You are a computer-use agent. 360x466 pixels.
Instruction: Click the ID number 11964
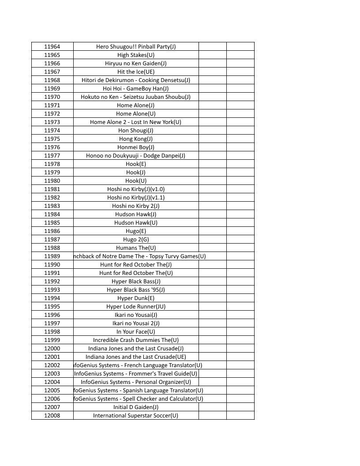point(52,47)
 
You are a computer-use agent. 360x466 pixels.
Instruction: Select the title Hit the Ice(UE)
point(136,72)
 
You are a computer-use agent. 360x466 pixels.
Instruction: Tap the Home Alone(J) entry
point(136,105)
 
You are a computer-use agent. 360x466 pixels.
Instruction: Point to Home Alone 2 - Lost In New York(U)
point(136,122)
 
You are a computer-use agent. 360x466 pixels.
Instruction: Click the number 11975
point(52,139)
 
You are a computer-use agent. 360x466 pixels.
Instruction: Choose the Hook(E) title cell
point(136,164)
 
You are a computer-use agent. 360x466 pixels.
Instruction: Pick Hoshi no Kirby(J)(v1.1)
point(136,198)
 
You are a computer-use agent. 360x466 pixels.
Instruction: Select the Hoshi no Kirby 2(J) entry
point(136,206)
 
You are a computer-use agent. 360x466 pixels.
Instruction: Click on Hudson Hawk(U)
point(136,223)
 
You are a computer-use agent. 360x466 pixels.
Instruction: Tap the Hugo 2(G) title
point(136,240)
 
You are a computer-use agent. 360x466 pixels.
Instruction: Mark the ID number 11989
point(52,256)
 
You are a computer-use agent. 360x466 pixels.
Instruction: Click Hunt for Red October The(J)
point(136,265)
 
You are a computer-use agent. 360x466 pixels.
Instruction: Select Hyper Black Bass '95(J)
point(136,290)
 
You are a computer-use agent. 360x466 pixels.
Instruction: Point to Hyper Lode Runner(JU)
point(136,307)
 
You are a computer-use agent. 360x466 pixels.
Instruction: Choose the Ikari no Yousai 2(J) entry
point(136,323)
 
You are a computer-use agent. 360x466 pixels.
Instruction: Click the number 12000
point(52,349)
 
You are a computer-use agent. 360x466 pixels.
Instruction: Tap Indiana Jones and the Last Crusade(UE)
point(136,357)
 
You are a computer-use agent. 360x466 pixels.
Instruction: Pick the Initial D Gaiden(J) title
point(136,407)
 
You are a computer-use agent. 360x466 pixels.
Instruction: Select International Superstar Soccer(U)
point(136,416)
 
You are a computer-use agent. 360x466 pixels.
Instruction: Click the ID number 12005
point(52,391)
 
